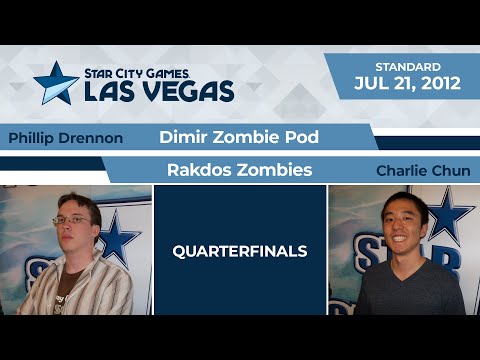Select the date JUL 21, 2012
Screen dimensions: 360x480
tap(408, 83)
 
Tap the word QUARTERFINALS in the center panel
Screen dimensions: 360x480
tap(240, 252)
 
